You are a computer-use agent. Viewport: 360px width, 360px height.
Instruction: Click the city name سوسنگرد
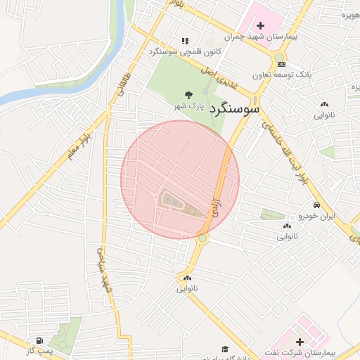pyautogui.click(x=231, y=109)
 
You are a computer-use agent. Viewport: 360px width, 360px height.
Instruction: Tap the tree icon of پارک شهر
pyautogui.click(x=188, y=94)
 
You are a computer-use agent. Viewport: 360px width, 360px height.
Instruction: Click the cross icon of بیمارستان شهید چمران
pyautogui.click(x=260, y=25)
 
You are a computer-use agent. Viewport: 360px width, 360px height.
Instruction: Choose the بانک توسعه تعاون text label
pyautogui.click(x=285, y=74)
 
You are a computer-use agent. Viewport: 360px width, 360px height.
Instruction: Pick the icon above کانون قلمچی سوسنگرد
pyautogui.click(x=185, y=41)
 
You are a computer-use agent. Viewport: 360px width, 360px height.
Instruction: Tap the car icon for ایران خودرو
pyautogui.click(x=317, y=205)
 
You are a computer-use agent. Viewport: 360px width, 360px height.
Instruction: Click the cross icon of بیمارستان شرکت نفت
pyautogui.click(x=300, y=341)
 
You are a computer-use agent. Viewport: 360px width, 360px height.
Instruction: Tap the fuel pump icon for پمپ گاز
pyautogui.click(x=47, y=340)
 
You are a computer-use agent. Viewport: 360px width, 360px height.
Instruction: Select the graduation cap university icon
pyautogui.click(x=225, y=349)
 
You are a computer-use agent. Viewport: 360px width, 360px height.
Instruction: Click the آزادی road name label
pyautogui.click(x=217, y=204)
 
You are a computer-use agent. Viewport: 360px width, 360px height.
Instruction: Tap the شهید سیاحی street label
pyautogui.click(x=105, y=271)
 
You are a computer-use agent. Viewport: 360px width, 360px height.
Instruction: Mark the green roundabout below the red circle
pyautogui.click(x=202, y=239)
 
